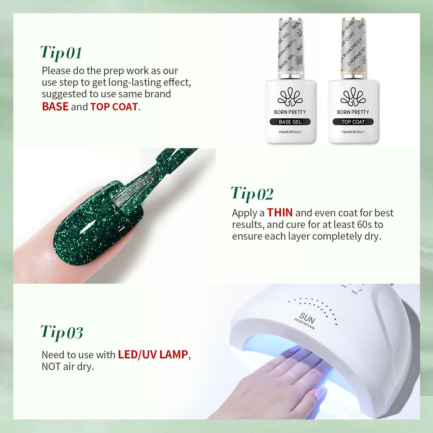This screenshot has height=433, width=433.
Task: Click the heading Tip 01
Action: point(61,52)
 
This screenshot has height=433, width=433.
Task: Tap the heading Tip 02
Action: point(252,193)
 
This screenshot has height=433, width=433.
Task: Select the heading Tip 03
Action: point(62,332)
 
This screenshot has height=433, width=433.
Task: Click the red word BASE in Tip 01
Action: point(55,106)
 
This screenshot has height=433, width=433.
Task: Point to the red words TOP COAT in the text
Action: point(114,107)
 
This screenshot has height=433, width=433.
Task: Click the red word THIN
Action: point(280,213)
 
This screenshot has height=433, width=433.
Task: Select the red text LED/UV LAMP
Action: point(153,355)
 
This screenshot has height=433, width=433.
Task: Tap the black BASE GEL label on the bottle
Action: point(290,122)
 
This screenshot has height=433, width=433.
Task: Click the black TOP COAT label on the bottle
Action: point(353,122)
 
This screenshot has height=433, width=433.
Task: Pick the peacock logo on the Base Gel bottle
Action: point(290,97)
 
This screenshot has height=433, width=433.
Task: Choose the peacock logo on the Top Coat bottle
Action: point(353,97)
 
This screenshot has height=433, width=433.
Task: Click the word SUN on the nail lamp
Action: point(307,319)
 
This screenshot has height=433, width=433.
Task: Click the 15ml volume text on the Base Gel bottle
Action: point(290,132)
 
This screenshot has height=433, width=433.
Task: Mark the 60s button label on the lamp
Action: point(354,292)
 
